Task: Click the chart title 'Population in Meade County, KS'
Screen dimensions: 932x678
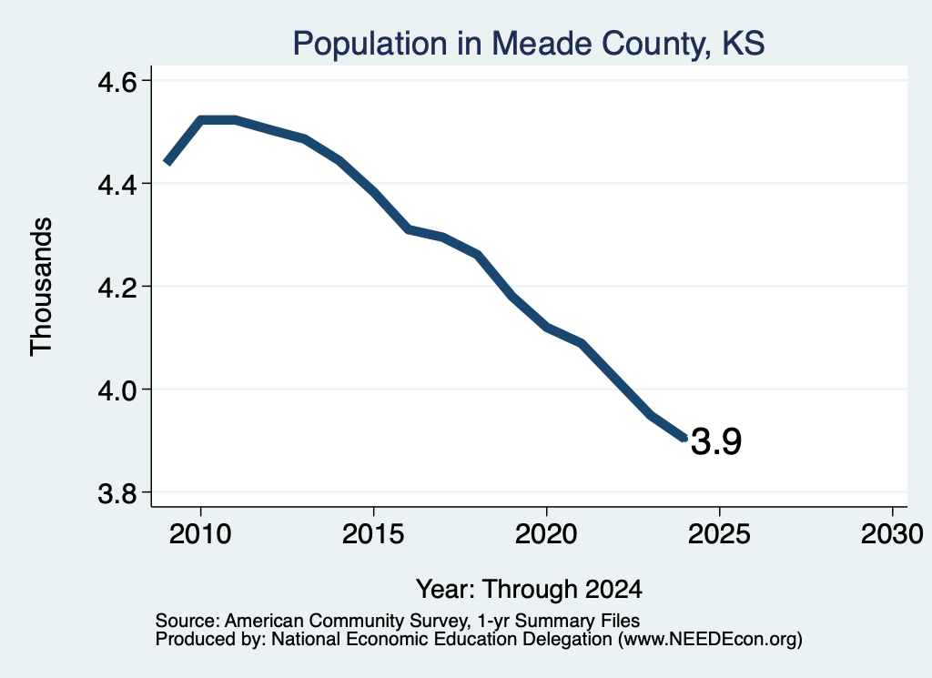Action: click(529, 44)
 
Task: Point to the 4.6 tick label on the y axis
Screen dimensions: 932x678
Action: click(117, 81)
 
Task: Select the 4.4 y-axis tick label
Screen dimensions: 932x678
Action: click(117, 184)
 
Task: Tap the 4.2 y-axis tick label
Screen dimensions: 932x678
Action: click(117, 287)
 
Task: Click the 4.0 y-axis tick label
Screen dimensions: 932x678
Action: click(117, 390)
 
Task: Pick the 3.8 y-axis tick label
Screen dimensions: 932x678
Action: click(117, 493)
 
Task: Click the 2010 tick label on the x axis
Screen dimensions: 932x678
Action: click(200, 534)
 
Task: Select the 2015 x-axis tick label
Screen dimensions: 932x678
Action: click(373, 534)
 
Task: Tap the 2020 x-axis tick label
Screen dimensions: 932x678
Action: click(546, 534)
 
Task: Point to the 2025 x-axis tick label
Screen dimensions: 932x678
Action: click(719, 534)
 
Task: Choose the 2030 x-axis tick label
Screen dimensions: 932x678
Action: click(892, 534)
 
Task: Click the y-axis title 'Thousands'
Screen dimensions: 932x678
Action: click(41, 287)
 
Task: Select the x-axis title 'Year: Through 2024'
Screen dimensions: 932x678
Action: click(529, 590)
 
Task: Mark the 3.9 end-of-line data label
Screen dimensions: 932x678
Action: click(716, 441)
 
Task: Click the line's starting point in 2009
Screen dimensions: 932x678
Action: click(167, 162)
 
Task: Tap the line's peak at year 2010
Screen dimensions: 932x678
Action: click(201, 120)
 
